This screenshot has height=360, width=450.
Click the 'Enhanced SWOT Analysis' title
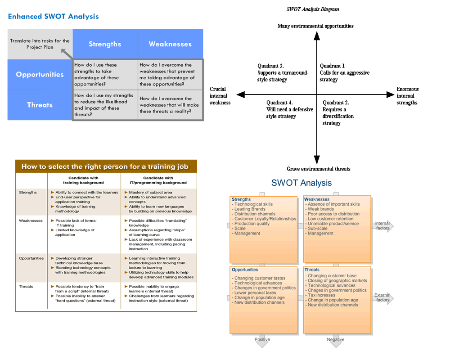click(x=53, y=17)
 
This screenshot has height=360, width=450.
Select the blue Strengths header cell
click(x=105, y=44)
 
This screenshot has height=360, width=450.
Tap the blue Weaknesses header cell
click(x=170, y=44)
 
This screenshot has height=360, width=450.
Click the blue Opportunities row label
click(x=40, y=75)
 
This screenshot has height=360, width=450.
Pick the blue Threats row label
click(x=40, y=105)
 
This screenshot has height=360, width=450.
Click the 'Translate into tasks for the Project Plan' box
click(x=40, y=44)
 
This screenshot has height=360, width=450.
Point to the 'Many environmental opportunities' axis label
click(x=315, y=26)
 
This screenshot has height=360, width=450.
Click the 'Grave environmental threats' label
click(x=319, y=169)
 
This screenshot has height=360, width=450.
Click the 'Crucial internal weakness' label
click(x=220, y=96)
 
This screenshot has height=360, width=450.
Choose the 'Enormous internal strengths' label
click(x=407, y=96)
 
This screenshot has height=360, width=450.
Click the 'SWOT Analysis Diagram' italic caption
click(x=313, y=9)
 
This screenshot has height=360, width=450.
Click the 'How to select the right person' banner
click(x=105, y=166)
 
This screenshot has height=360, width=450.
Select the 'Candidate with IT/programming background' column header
click(x=159, y=180)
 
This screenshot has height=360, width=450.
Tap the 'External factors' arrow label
click(x=382, y=297)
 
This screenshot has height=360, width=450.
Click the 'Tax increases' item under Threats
click(x=321, y=295)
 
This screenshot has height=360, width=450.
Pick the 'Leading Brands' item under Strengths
click(x=250, y=209)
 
